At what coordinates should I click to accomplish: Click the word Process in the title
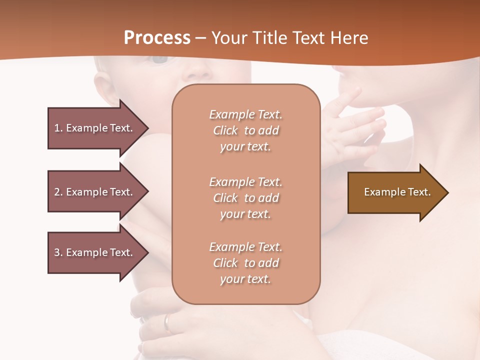157,37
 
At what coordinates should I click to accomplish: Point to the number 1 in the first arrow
57,128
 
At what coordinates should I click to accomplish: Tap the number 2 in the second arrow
57,192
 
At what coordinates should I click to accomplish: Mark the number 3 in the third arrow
57,252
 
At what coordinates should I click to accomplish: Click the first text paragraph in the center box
245,130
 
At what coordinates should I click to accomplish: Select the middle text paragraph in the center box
245,198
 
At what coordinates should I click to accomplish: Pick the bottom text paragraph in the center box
245,263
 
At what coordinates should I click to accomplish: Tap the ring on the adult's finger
168,322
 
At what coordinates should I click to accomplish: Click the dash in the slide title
201,38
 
